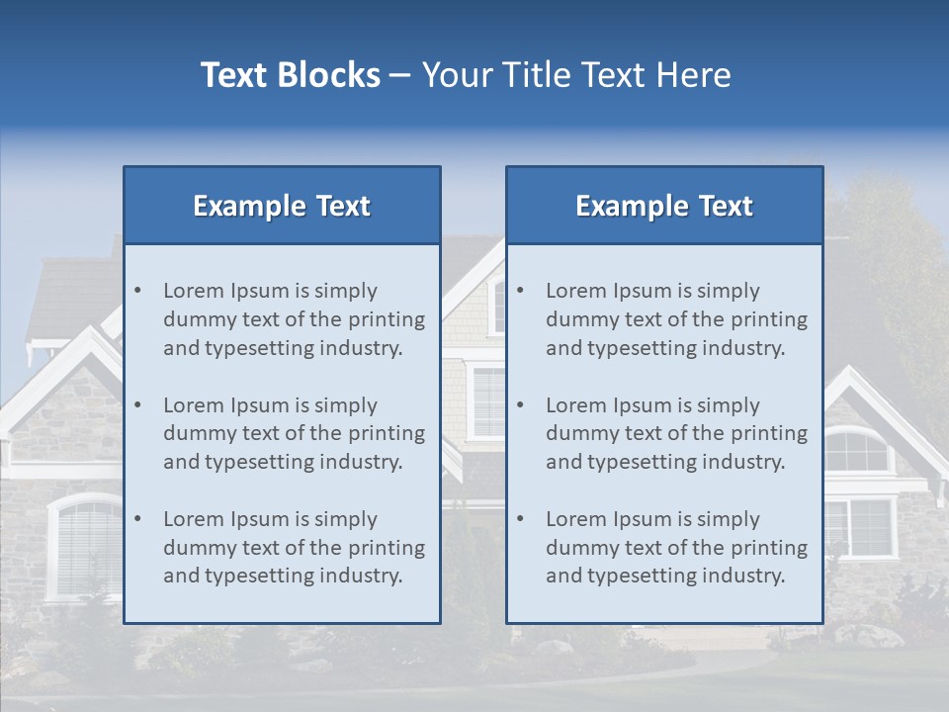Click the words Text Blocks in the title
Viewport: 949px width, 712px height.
(290, 75)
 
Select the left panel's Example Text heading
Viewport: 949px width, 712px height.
(282, 206)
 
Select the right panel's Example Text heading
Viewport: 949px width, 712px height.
(664, 206)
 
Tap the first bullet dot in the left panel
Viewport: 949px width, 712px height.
(137, 291)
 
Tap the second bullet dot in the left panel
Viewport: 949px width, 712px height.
(137, 405)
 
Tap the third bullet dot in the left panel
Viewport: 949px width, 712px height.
(137, 519)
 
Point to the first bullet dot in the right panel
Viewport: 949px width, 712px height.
(520, 291)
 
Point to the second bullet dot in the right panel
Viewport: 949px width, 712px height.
(520, 405)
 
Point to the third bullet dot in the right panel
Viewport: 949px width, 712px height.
(520, 519)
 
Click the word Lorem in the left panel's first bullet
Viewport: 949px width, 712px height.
(194, 291)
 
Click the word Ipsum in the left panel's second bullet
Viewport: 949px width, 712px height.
(261, 405)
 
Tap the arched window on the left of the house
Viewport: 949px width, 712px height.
(87, 545)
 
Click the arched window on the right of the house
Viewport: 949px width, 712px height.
(856, 450)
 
